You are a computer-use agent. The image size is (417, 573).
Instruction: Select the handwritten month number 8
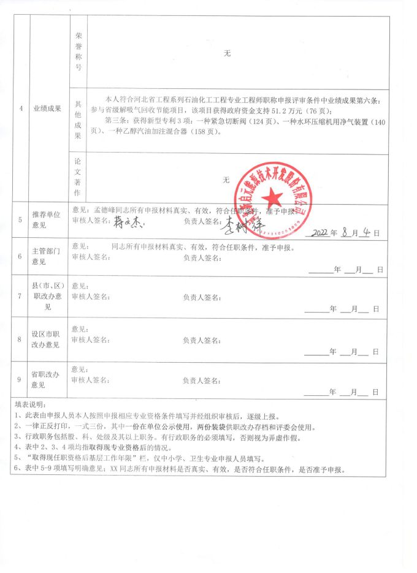(x=346, y=233)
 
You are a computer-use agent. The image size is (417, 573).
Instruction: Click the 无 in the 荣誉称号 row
(x=226, y=54)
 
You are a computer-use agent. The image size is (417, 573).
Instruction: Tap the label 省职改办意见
(x=47, y=379)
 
